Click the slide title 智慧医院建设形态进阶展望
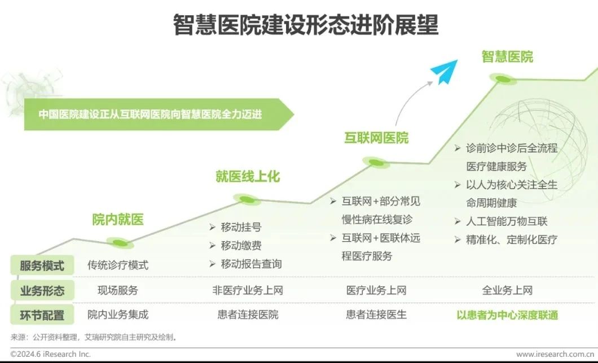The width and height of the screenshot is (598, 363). pyautogui.click(x=305, y=25)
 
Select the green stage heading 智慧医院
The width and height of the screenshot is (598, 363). pyautogui.click(x=507, y=57)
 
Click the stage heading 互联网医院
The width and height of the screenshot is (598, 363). pyautogui.click(x=376, y=138)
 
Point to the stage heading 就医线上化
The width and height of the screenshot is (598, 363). pyautogui.click(x=247, y=177)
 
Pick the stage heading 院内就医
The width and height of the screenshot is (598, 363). pyautogui.click(x=118, y=220)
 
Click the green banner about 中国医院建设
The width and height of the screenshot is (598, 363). pyautogui.click(x=152, y=113)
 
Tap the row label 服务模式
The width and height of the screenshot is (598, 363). pyautogui.click(x=42, y=265)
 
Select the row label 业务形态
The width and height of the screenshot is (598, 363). pyautogui.click(x=42, y=291)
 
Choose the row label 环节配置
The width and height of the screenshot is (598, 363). pyautogui.click(x=42, y=315)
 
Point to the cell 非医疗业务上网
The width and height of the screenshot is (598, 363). pyautogui.click(x=247, y=291)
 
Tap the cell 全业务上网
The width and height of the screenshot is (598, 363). pyautogui.click(x=507, y=291)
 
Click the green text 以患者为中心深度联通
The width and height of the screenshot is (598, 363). pyautogui.click(x=507, y=315)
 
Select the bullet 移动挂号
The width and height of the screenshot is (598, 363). pyautogui.click(x=241, y=228)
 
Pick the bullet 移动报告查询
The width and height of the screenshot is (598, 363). pyautogui.click(x=251, y=264)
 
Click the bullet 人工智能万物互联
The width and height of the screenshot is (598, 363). pyautogui.click(x=507, y=221)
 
